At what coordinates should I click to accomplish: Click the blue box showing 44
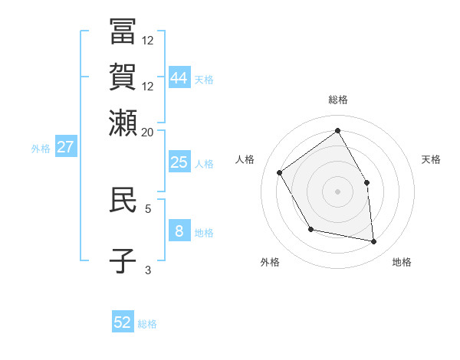click(x=179, y=77)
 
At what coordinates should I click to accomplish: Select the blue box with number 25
click(x=179, y=162)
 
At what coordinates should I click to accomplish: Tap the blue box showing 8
click(x=179, y=231)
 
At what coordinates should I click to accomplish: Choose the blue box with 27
click(x=66, y=147)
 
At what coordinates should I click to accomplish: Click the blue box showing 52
click(x=123, y=322)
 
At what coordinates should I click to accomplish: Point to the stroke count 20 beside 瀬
click(x=147, y=132)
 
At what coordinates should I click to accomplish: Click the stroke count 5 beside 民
click(x=148, y=208)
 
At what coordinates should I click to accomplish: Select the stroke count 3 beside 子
click(x=148, y=269)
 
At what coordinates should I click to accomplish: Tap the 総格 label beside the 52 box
click(x=147, y=324)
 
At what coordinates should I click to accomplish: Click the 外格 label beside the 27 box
click(x=41, y=149)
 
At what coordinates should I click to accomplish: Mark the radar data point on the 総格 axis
click(x=337, y=131)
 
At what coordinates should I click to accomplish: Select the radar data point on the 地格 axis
click(x=374, y=241)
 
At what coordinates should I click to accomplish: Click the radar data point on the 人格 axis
click(x=280, y=172)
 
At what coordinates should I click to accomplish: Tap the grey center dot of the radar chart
click(x=337, y=191)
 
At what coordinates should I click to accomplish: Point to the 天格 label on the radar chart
click(x=431, y=159)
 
